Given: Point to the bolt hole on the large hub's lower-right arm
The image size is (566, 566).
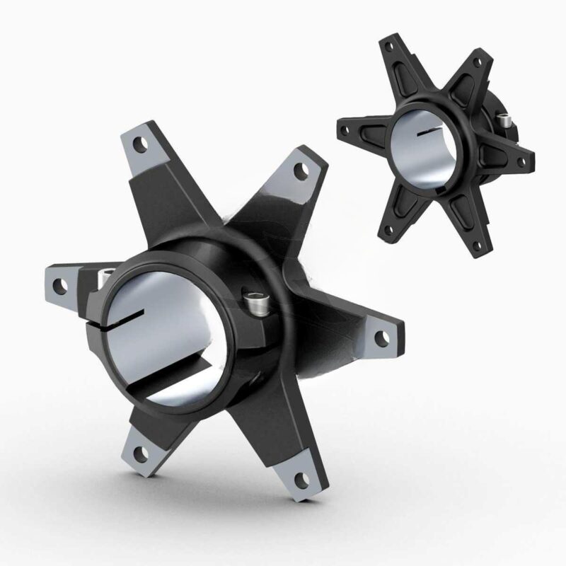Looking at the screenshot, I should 303,478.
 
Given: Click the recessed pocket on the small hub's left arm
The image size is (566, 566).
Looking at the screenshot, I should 367,130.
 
